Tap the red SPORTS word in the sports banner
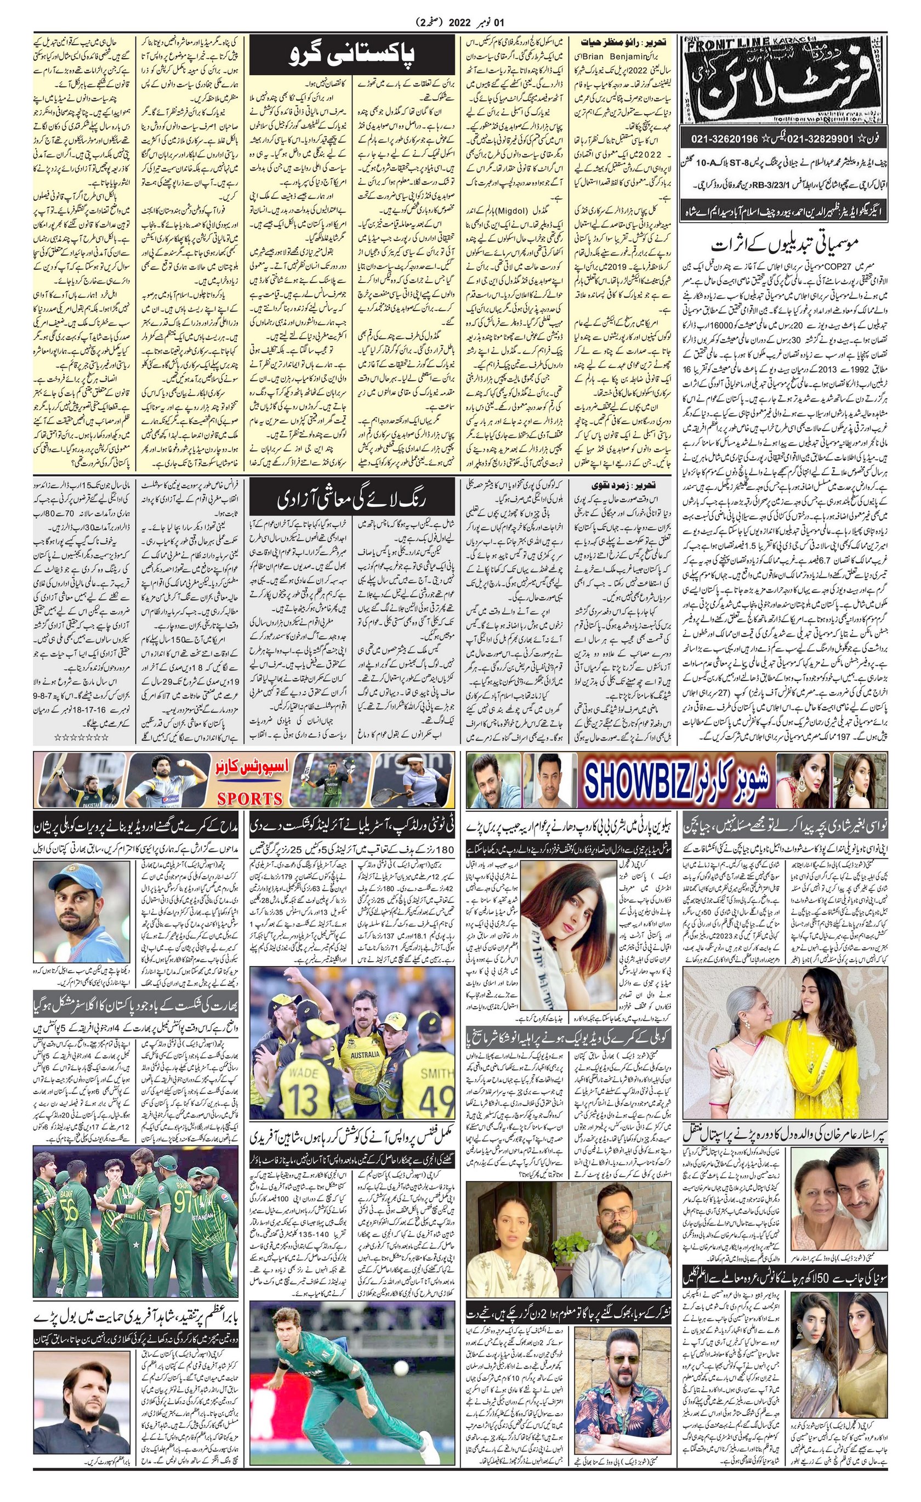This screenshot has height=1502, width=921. point(250,798)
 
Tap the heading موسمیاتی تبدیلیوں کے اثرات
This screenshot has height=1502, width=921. point(785,245)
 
